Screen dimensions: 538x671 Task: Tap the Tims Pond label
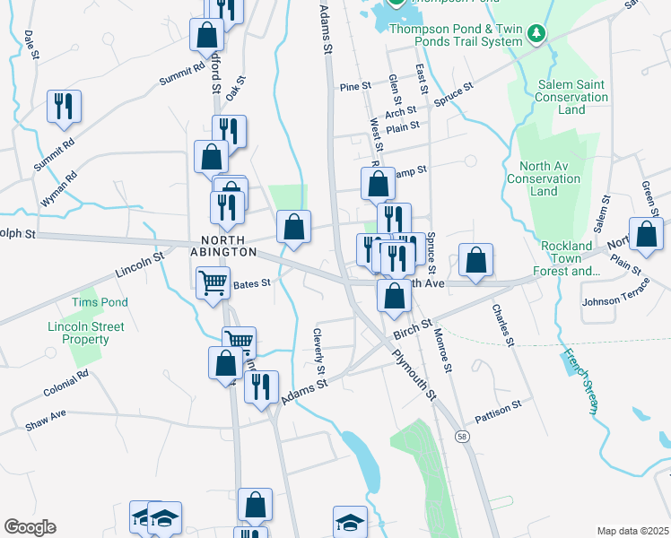[101, 302]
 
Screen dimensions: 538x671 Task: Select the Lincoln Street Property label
[79, 334]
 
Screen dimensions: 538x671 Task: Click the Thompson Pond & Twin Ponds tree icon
[536, 33]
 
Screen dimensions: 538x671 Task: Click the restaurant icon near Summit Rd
[65, 107]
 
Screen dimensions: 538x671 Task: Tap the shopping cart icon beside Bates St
[213, 284]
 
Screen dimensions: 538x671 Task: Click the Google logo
[30, 527]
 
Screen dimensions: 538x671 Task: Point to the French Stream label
[579, 383]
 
